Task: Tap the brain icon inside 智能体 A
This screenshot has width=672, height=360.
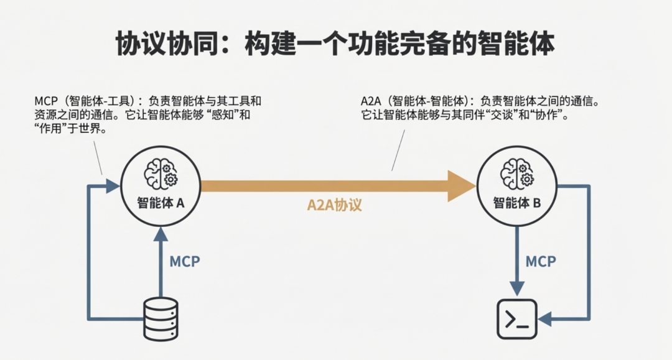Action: tap(161, 172)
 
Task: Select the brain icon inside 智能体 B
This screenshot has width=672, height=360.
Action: tap(516, 172)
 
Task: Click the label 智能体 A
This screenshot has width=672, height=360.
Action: tap(161, 202)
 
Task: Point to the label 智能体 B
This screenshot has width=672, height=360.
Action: tap(516, 202)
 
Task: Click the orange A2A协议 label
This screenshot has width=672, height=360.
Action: tap(334, 205)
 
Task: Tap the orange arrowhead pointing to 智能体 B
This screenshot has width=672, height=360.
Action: tap(462, 185)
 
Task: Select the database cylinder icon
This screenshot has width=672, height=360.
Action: tap(161, 319)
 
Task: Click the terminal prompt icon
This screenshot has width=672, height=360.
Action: tap(516, 319)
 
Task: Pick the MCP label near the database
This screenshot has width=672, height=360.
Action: tap(185, 261)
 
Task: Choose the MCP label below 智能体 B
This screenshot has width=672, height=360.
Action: tap(541, 261)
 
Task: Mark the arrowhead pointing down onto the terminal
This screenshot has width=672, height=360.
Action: tap(516, 289)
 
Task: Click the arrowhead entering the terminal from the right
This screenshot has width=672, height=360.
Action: tap(546, 320)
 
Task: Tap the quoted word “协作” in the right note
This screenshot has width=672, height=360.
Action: tap(548, 116)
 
